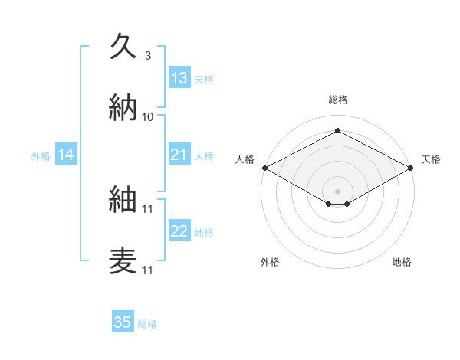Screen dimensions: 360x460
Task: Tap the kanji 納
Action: [x=123, y=107]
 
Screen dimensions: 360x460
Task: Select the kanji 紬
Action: [x=123, y=198]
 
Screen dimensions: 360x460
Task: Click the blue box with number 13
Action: [x=179, y=78]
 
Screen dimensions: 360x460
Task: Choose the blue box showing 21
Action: [x=179, y=155]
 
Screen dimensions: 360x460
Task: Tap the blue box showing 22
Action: [x=179, y=232]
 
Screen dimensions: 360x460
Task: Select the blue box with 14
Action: [x=66, y=155]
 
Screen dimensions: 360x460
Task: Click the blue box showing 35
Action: [x=123, y=322]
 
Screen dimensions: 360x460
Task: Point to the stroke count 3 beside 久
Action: [x=148, y=55]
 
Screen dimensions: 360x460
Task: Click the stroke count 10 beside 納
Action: [x=148, y=116]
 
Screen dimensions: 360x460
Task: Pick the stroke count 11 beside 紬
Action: [x=148, y=208]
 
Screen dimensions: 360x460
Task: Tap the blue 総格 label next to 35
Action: [x=147, y=324]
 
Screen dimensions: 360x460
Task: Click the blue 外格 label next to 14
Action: [x=41, y=156]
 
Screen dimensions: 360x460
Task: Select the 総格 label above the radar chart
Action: [x=337, y=100]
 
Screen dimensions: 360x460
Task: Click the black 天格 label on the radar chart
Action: [x=432, y=159]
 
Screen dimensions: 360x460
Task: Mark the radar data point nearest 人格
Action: [x=264, y=168]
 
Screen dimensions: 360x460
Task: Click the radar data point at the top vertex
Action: [x=337, y=130]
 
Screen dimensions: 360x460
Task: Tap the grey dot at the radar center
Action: [x=337, y=190]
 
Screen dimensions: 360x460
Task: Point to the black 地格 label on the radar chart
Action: [x=402, y=262]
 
